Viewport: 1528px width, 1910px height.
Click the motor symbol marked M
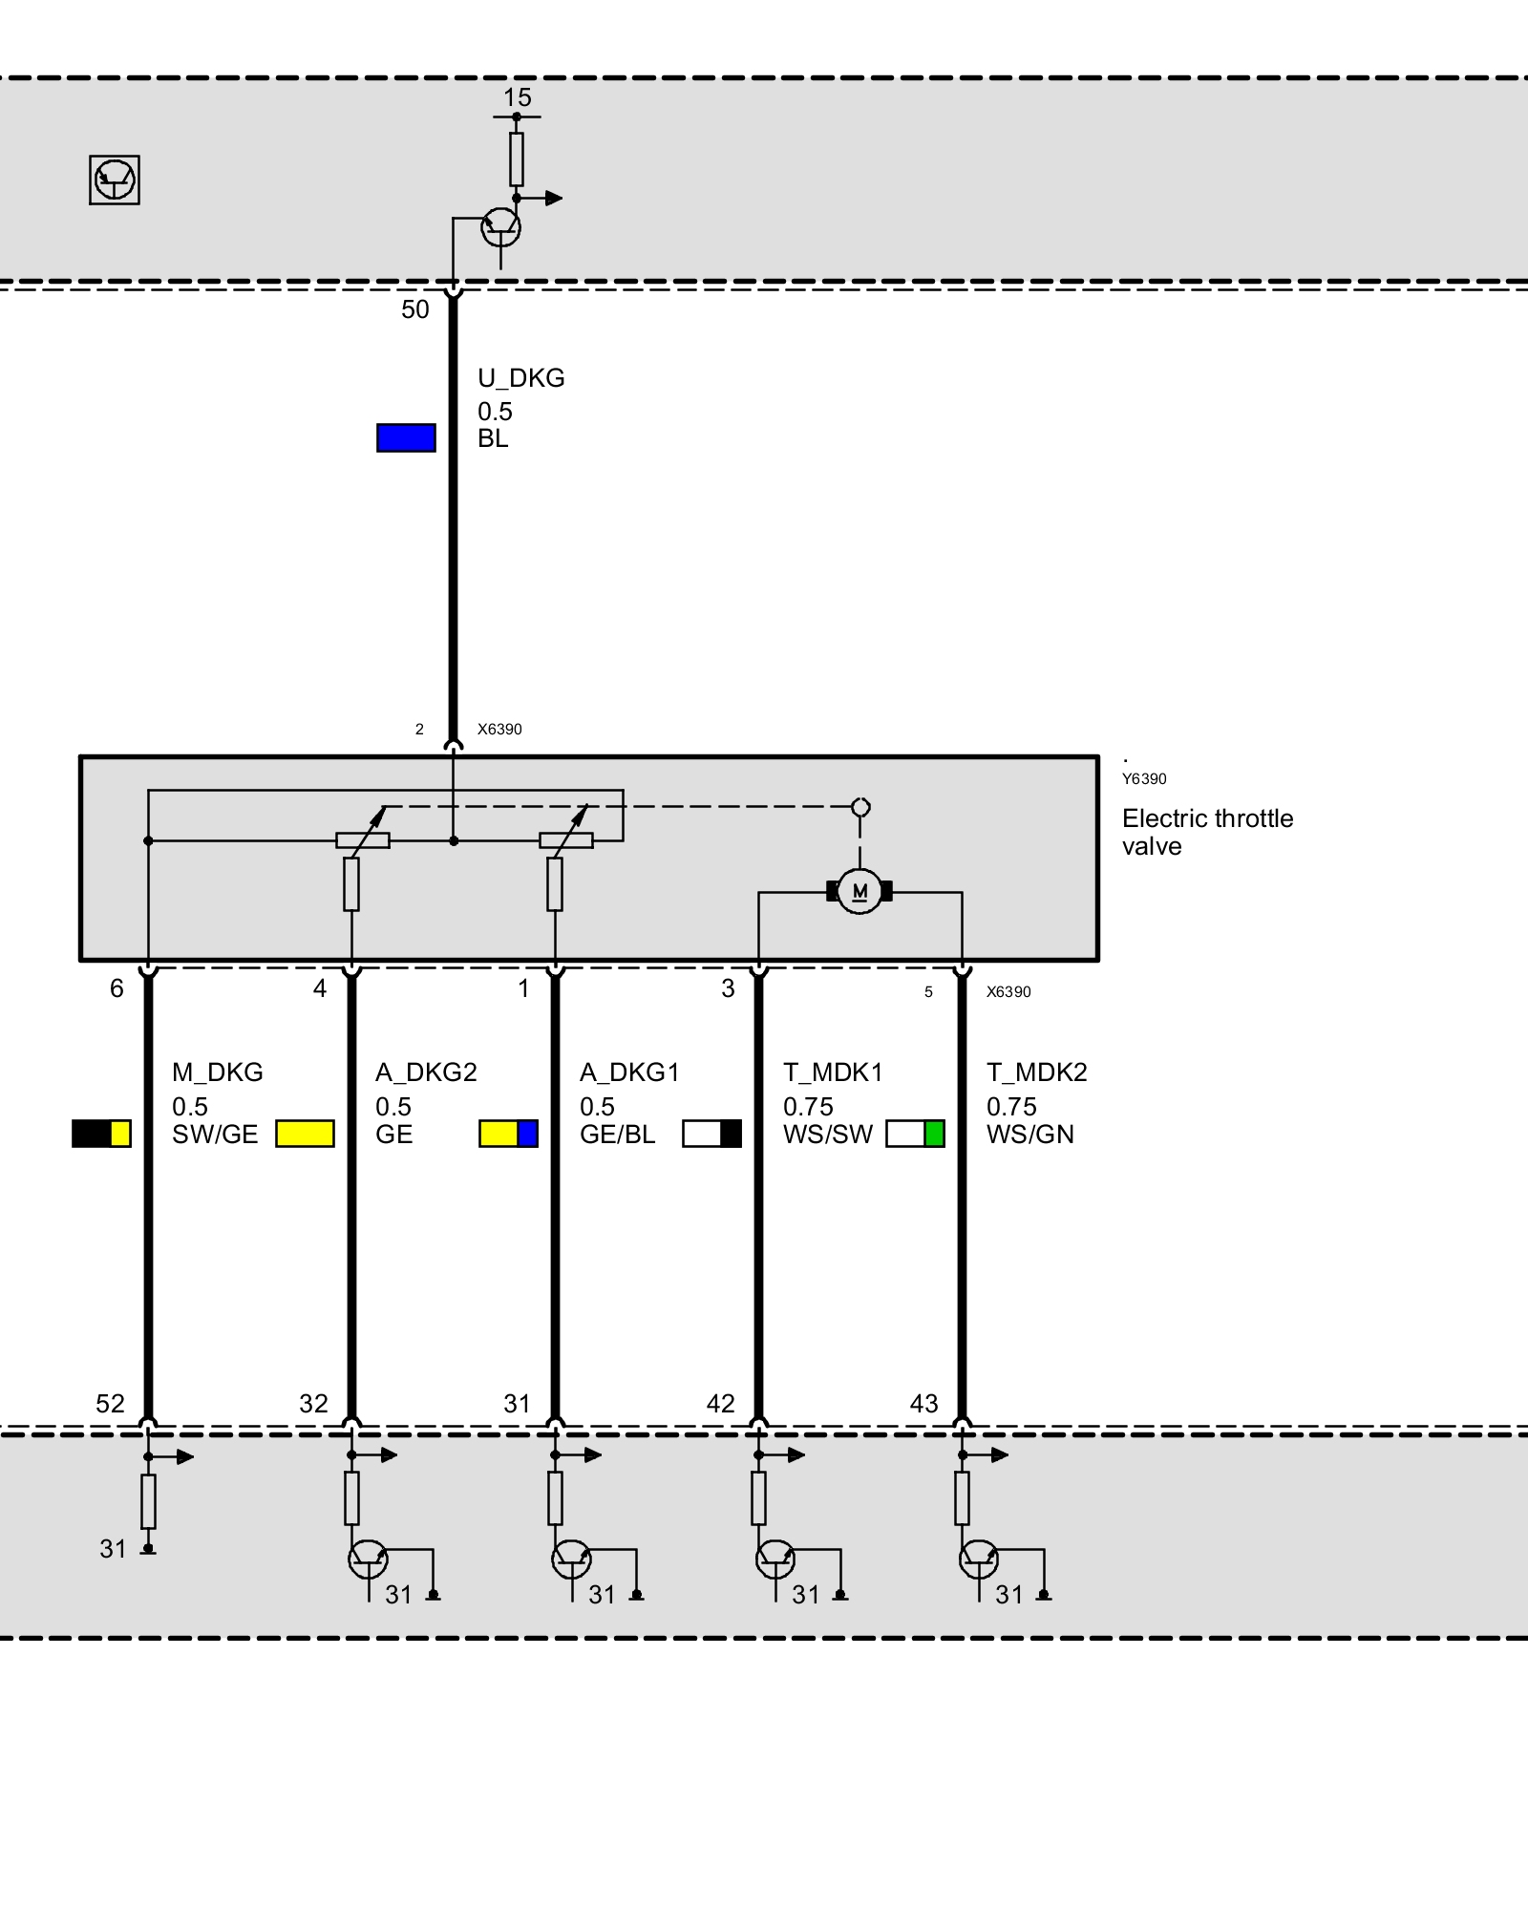(x=859, y=892)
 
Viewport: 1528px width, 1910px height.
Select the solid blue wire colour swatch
(x=406, y=437)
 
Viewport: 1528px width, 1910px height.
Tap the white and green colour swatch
(x=915, y=1134)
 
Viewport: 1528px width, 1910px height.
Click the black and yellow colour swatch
(x=101, y=1134)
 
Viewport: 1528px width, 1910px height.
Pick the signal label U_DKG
(x=520, y=378)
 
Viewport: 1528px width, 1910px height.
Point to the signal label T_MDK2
(x=1036, y=1072)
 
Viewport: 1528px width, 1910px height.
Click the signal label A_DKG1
(x=629, y=1072)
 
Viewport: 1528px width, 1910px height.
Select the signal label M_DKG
(x=217, y=1072)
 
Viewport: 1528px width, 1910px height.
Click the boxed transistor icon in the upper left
(x=115, y=180)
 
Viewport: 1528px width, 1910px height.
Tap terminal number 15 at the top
(x=517, y=97)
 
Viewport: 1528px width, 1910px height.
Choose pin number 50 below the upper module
(x=414, y=309)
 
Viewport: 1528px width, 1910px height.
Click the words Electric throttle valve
(x=1207, y=832)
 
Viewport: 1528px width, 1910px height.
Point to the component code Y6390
(x=1143, y=779)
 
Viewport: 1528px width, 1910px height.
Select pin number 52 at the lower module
(x=110, y=1404)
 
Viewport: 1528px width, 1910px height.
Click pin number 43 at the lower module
(x=923, y=1404)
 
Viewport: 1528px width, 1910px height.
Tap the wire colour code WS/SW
(x=827, y=1135)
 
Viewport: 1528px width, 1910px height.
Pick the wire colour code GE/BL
(x=617, y=1135)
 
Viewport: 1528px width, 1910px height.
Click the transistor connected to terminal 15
(x=500, y=227)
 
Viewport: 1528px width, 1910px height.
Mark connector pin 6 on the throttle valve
(x=117, y=988)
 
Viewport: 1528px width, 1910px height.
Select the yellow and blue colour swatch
(x=508, y=1134)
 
